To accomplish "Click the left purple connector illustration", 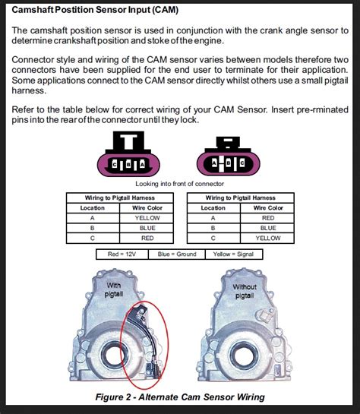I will pos(126,156).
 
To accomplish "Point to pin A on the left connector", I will pos(138,164).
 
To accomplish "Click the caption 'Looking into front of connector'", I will pos(180,184).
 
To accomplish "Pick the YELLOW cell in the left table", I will pos(148,217).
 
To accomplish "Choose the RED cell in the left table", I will pos(148,237).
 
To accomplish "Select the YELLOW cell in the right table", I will pos(268,237).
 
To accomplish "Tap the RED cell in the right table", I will pos(268,217).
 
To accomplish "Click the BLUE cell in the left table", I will pos(148,227).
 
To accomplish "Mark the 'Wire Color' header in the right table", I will pos(268,207).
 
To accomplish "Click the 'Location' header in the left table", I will pos(93,207).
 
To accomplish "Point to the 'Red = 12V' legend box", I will pos(123,255).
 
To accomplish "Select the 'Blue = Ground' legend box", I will pos(177,255).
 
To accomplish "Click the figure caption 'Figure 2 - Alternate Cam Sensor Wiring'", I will pos(180,397).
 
